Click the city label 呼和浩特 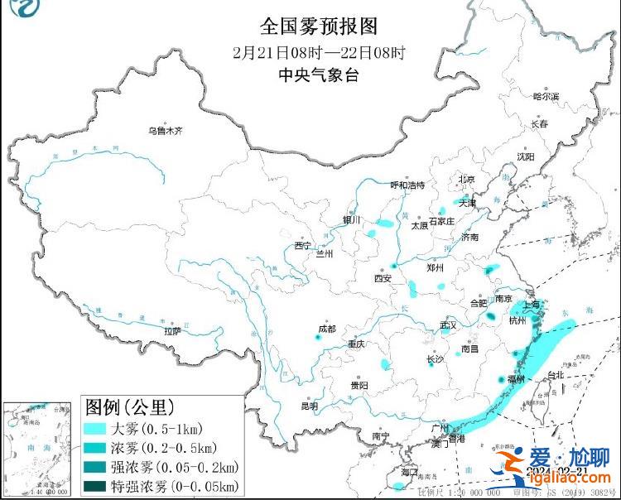coord(407,185)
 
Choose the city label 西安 coord(382,279)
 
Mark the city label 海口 coord(409,472)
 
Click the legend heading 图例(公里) coord(129,407)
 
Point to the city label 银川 coord(352,220)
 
